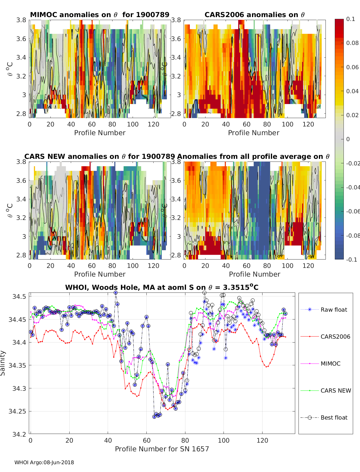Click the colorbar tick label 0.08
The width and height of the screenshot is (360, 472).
click(x=352, y=43)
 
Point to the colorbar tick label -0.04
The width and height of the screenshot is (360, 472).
click(x=353, y=187)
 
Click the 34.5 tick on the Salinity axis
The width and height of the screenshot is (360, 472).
click(x=19, y=296)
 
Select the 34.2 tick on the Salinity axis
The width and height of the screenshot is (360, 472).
click(x=19, y=434)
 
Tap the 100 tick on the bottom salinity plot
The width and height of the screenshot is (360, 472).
click(x=223, y=440)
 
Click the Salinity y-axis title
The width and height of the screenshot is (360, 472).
click(x=3, y=363)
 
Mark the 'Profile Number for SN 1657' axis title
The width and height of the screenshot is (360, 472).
click(x=162, y=449)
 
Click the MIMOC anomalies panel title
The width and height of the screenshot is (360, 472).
click(x=100, y=15)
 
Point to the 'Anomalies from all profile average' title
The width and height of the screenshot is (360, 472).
click(x=253, y=156)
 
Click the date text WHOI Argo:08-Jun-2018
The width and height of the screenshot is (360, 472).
click(x=44, y=462)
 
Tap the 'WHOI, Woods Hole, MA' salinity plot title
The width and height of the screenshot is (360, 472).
click(x=162, y=287)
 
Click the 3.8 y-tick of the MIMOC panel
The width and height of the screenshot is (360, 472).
click(x=21, y=20)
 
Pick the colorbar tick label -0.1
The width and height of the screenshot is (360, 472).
click(x=351, y=260)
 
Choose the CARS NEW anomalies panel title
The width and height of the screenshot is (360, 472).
click(x=99, y=156)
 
